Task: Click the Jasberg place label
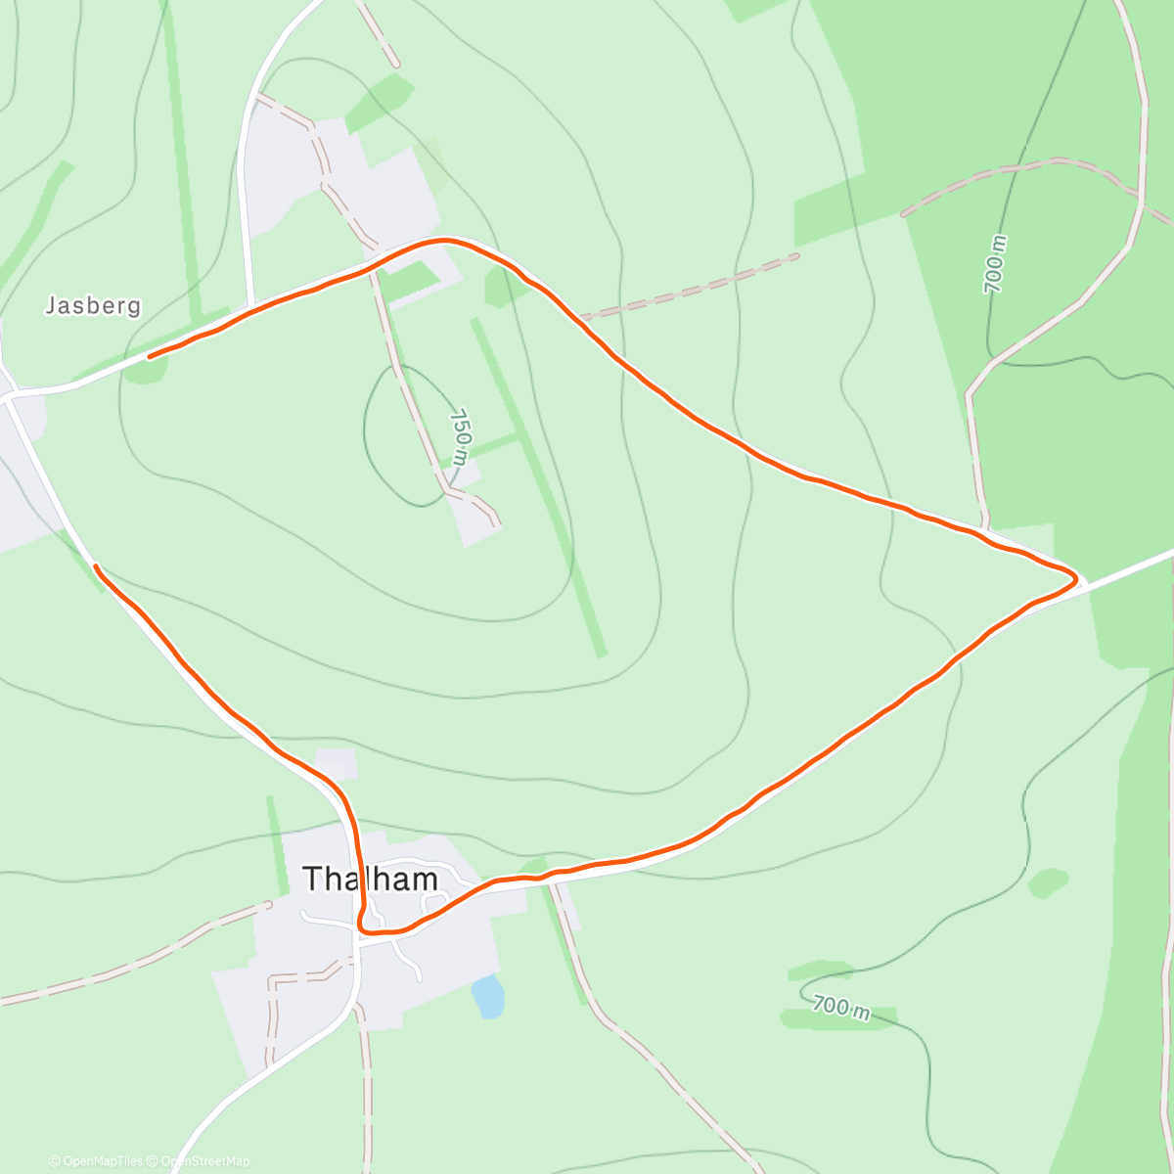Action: coord(93,306)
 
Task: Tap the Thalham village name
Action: coord(370,879)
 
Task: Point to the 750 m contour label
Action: coord(460,436)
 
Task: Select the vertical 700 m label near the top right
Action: coord(994,264)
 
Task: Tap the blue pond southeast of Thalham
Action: coord(486,996)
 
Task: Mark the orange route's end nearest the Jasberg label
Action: coord(150,357)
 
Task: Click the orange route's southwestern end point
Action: coord(95,565)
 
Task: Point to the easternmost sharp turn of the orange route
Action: coord(1076,579)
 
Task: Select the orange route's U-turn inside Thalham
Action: coord(363,926)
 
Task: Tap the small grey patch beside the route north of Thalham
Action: coord(336,763)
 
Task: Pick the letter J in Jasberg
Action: coord(51,306)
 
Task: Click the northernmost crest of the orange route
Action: coord(445,240)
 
